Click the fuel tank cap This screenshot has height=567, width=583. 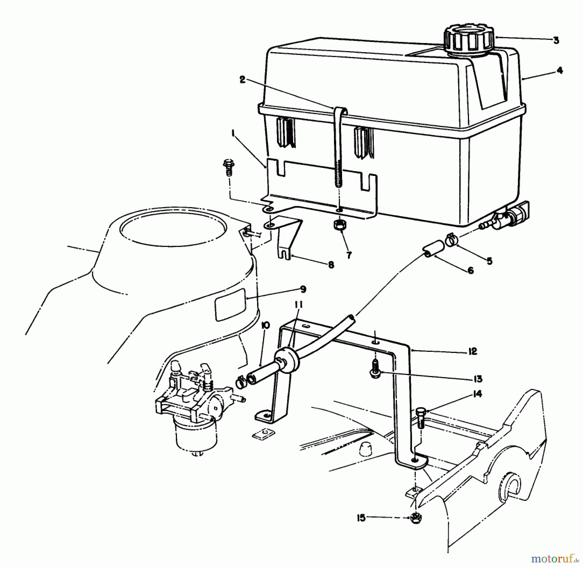[x=469, y=40]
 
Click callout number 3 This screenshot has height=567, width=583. [x=556, y=40]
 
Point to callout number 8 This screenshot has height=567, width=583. [x=331, y=265]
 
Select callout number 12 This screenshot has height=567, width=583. [x=473, y=351]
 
